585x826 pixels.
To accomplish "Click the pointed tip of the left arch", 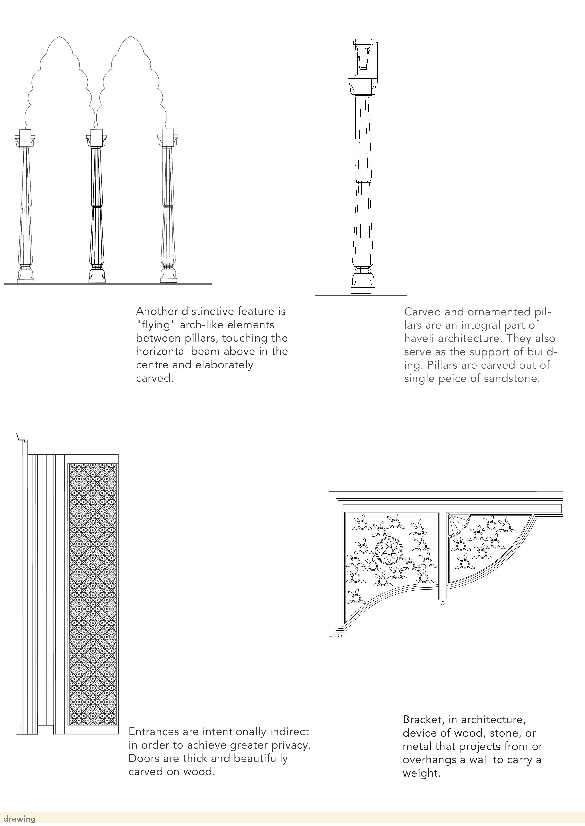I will tap(60, 37).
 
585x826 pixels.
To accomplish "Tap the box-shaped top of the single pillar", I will tap(363, 61).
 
